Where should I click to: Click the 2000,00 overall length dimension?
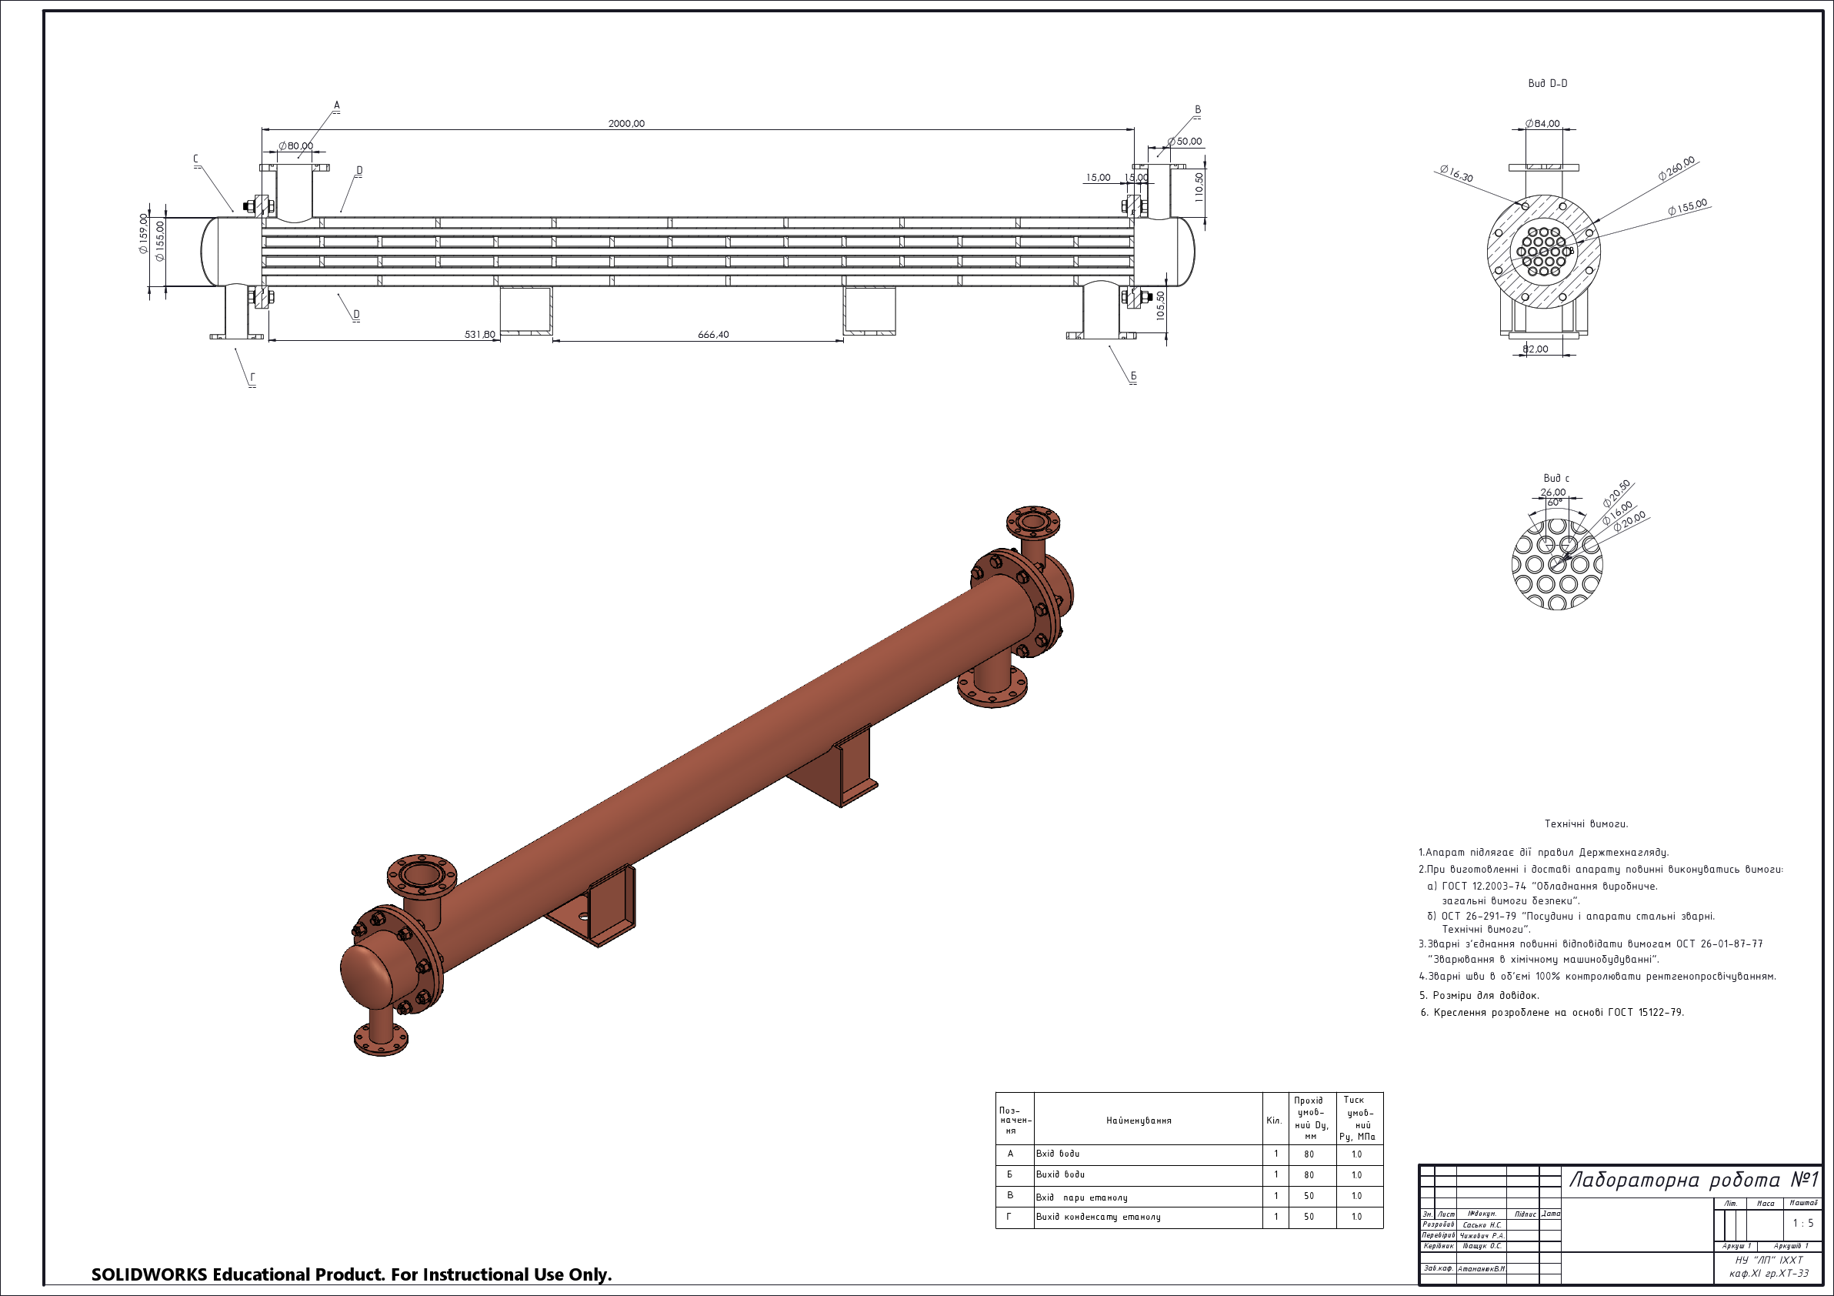pos(626,124)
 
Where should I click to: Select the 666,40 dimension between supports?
pos(712,335)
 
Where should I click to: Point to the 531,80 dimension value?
pos(479,335)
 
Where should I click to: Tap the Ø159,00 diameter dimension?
pos(144,233)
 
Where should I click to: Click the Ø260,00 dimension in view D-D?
pos(1676,169)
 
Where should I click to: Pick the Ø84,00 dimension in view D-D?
pos(1542,124)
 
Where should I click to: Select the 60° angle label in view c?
pos(1555,503)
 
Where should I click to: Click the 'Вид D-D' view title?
pos(1547,84)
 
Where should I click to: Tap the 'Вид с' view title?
pos(1556,479)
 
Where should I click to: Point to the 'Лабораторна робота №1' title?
pos(1693,1180)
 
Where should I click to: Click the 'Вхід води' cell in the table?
pos(1058,1154)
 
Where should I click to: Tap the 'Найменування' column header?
pos(1139,1121)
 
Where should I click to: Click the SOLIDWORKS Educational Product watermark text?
pos(352,1274)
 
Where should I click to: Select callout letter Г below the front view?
pos(252,378)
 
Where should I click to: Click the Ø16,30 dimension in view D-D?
pos(1456,173)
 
